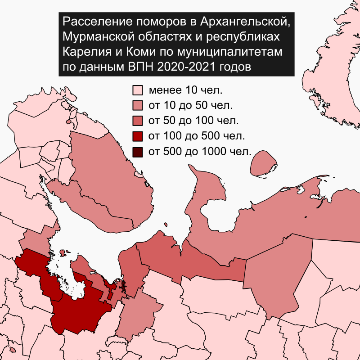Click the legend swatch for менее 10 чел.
[138, 90]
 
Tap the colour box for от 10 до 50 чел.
[138, 106]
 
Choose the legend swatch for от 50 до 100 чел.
[138, 121]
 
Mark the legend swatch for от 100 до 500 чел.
[138, 136]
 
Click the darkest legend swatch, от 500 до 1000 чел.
[138, 151]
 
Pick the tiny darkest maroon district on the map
[124, 285]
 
